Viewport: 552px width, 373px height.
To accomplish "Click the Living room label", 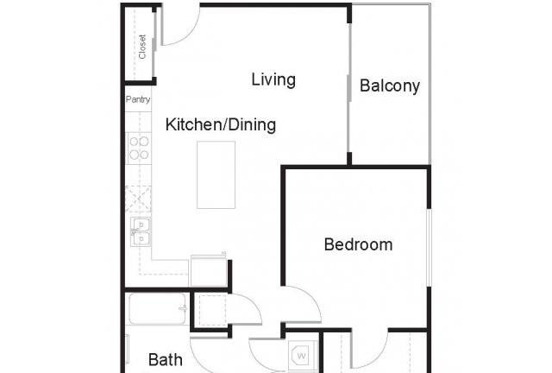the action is (x=273, y=79).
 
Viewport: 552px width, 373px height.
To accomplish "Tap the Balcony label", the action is (x=390, y=86).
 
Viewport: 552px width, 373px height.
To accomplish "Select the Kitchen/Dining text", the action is (x=221, y=125).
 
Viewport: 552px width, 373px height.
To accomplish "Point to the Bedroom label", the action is (x=358, y=244).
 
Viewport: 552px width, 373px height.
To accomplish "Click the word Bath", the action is (x=166, y=359).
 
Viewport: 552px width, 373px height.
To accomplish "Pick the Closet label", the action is (x=142, y=47).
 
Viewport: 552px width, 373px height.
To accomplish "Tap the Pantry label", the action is (x=138, y=99).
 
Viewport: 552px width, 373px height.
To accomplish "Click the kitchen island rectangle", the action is (x=216, y=175).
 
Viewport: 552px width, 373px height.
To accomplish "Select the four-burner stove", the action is (x=139, y=148).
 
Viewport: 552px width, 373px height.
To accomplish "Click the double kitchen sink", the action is (x=141, y=231).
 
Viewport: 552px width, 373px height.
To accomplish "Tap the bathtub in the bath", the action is (x=157, y=309).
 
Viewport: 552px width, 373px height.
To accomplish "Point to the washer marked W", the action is (x=302, y=356).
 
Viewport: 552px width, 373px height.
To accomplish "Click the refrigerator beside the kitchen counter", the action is (x=209, y=271).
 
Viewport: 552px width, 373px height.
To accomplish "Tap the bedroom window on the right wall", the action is (x=429, y=248).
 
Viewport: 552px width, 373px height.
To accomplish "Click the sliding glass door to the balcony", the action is (x=348, y=88).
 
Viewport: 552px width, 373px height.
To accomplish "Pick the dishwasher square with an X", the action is (x=138, y=199).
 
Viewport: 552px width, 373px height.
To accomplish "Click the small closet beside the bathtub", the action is (x=210, y=311).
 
